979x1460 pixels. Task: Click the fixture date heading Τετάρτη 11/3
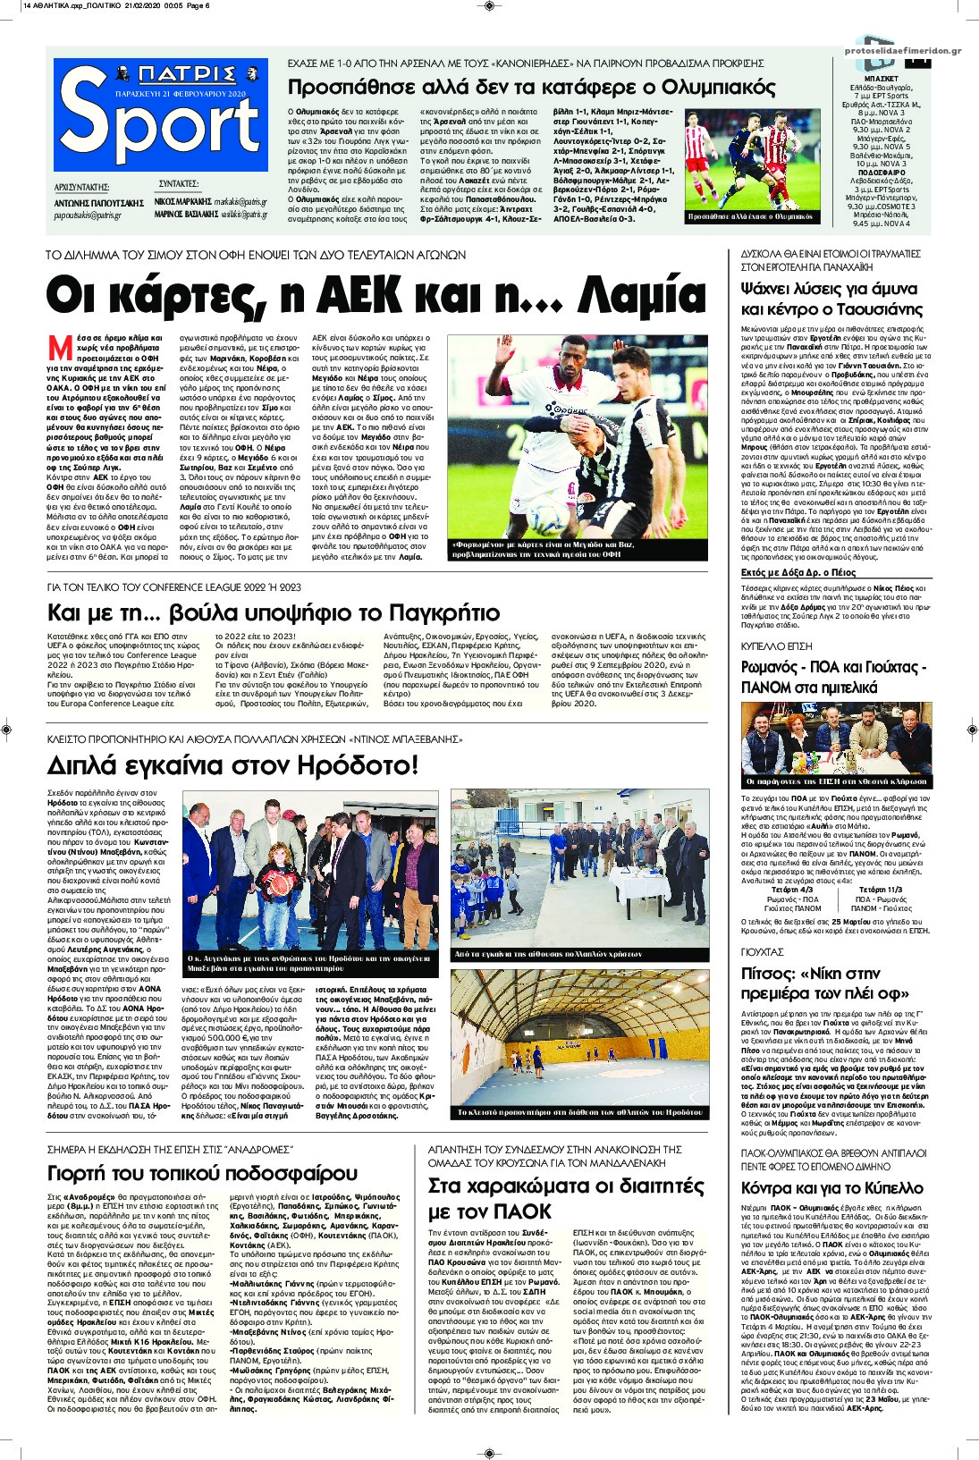coord(881,890)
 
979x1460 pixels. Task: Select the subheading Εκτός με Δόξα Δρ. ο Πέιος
coord(798,572)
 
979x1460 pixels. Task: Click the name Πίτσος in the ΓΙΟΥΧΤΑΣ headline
coord(767,974)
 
